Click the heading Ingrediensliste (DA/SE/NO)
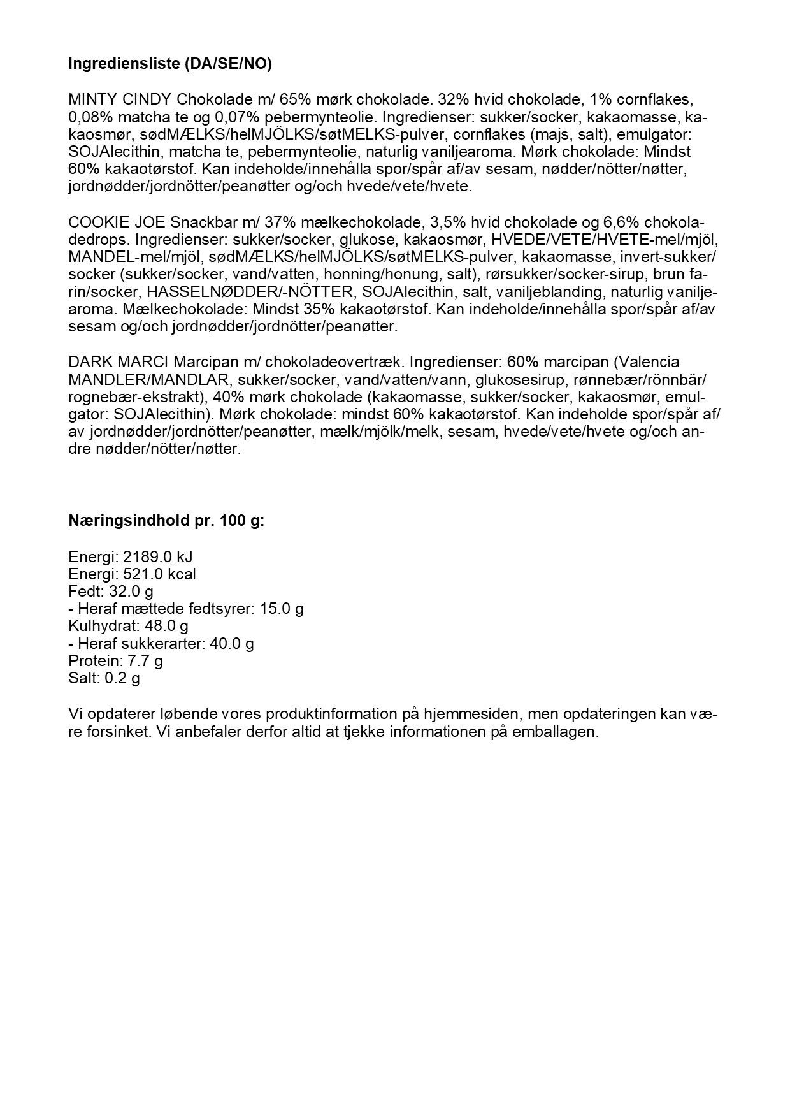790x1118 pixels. point(169,64)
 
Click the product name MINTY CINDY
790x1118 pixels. point(120,100)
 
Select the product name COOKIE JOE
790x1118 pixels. point(117,222)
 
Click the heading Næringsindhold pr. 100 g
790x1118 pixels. point(166,521)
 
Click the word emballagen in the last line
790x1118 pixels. point(561,731)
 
